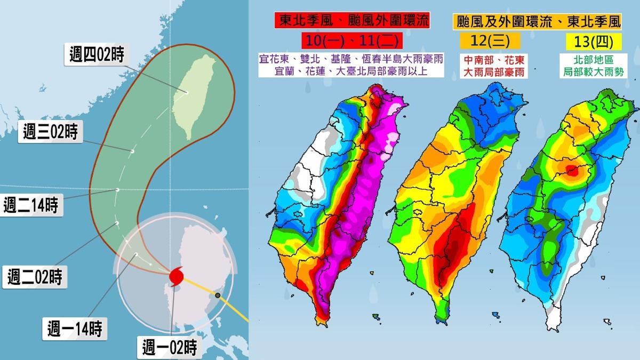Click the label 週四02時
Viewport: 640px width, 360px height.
[97, 54]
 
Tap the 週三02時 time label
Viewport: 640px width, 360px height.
[51, 131]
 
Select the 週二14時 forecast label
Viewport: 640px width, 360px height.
[30, 205]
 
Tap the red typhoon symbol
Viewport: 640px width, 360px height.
[176, 276]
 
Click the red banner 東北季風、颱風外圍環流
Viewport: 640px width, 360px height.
[352, 20]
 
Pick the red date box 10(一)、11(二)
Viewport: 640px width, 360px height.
[351, 41]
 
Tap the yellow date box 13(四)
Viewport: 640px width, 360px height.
[585, 41]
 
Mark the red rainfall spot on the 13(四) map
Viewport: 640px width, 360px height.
[571, 171]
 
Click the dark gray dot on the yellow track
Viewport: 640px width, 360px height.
[218, 295]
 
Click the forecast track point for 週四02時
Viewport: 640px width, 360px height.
[187, 92]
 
